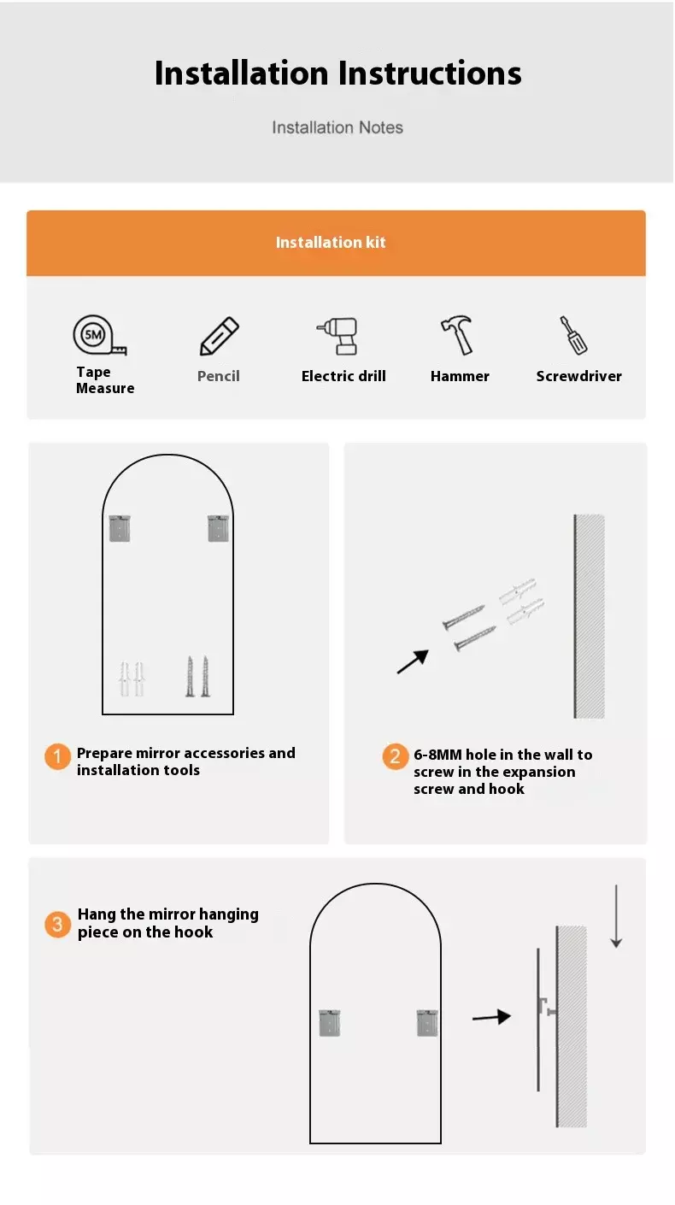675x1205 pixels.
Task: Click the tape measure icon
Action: (99, 336)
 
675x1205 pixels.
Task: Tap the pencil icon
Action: (219, 336)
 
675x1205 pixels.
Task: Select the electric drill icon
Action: (337, 336)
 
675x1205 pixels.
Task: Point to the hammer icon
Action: (457, 335)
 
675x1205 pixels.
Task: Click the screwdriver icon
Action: (573, 335)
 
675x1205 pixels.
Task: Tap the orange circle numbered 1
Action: (57, 757)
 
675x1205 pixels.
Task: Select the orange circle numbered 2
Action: (396, 756)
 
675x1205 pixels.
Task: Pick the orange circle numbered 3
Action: (57, 924)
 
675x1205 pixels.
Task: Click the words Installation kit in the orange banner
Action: (331, 243)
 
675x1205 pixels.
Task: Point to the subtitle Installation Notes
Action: (337, 127)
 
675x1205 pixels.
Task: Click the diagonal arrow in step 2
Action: (413, 661)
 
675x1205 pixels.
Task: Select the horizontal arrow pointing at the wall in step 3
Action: (491, 1017)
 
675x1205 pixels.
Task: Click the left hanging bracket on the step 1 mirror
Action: (120, 528)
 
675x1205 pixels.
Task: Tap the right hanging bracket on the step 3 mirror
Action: (427, 1023)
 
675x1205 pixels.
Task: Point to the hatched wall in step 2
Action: (589, 616)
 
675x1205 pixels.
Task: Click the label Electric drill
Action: (343, 376)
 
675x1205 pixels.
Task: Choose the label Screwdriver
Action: (578, 376)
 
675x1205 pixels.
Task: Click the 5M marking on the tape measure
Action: (93, 335)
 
